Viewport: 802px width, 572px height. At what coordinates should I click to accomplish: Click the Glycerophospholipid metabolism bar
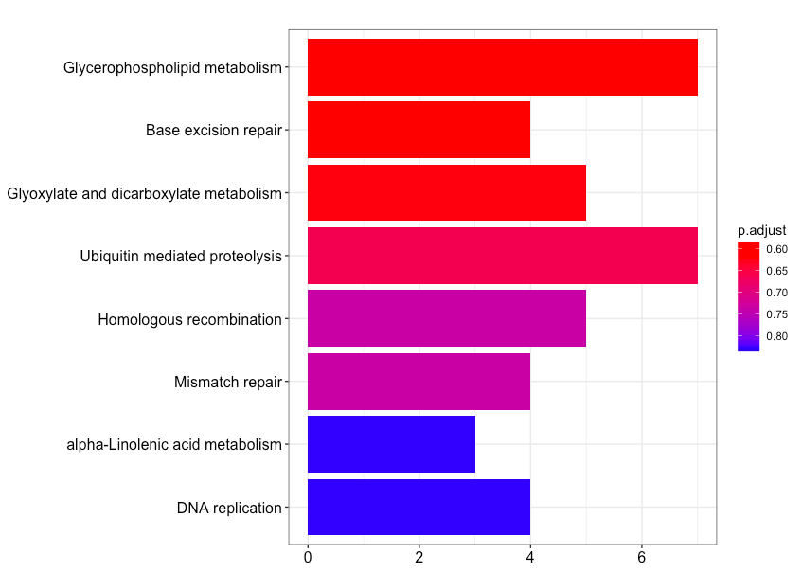point(502,67)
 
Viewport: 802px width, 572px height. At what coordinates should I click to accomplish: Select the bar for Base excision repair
point(419,130)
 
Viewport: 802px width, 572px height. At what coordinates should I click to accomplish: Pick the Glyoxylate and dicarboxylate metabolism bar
point(446,193)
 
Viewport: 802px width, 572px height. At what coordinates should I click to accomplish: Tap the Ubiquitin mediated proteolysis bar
point(502,256)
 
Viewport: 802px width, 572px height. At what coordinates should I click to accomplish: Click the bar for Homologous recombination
point(446,319)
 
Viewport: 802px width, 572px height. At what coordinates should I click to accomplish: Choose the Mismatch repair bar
point(419,382)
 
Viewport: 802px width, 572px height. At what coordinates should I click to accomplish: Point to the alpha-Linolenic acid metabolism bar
point(391,444)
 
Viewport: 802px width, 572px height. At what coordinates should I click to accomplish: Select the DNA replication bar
point(419,508)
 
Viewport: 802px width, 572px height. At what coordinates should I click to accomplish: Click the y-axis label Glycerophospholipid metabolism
point(172,67)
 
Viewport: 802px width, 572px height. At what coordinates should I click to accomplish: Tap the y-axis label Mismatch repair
point(228,383)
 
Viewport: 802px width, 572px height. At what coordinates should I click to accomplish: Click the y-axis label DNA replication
point(229,509)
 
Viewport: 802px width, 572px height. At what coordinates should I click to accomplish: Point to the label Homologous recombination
point(189,320)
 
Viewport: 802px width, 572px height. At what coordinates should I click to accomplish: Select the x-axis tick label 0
point(308,557)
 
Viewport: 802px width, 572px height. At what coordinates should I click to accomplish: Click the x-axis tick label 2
point(419,557)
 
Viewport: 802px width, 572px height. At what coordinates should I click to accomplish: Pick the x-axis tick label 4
point(530,557)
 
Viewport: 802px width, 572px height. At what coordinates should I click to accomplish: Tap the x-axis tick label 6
point(642,557)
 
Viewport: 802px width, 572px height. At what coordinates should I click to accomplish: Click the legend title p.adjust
point(761,230)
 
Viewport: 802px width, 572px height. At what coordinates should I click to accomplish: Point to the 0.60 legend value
point(776,250)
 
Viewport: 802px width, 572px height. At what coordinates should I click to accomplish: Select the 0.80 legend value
point(776,336)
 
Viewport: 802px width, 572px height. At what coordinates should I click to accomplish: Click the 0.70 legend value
point(776,293)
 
